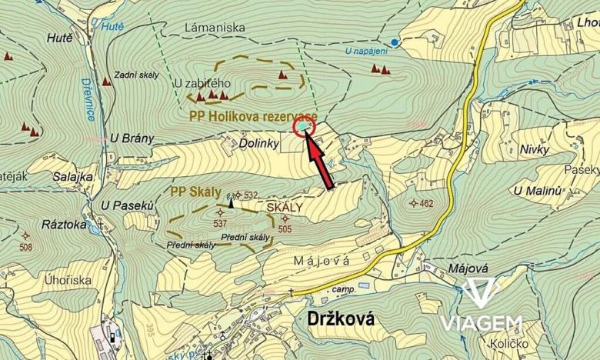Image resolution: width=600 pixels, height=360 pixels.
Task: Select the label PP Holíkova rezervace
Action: click(x=252, y=115)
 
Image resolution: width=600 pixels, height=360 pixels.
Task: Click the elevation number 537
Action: click(x=222, y=224)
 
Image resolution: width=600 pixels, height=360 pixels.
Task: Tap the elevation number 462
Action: click(x=427, y=203)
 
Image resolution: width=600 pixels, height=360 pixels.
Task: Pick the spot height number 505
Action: click(x=285, y=228)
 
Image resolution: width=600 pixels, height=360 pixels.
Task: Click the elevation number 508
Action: click(x=25, y=247)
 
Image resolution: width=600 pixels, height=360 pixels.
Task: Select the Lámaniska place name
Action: click(x=215, y=28)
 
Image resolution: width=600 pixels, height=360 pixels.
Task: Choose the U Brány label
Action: click(x=132, y=138)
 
